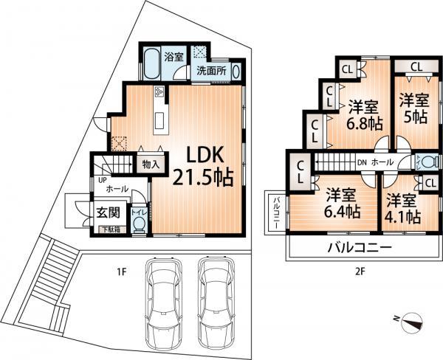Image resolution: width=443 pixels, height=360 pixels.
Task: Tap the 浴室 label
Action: click(x=174, y=56)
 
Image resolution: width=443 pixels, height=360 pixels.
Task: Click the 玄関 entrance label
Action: click(x=108, y=212)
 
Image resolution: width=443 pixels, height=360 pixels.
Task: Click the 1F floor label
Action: click(x=121, y=272)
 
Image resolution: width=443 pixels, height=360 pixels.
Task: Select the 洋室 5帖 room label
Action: click(x=414, y=108)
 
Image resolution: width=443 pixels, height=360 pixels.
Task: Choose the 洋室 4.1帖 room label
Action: click(x=402, y=208)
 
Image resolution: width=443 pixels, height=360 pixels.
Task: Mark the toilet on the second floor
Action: click(x=427, y=163)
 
